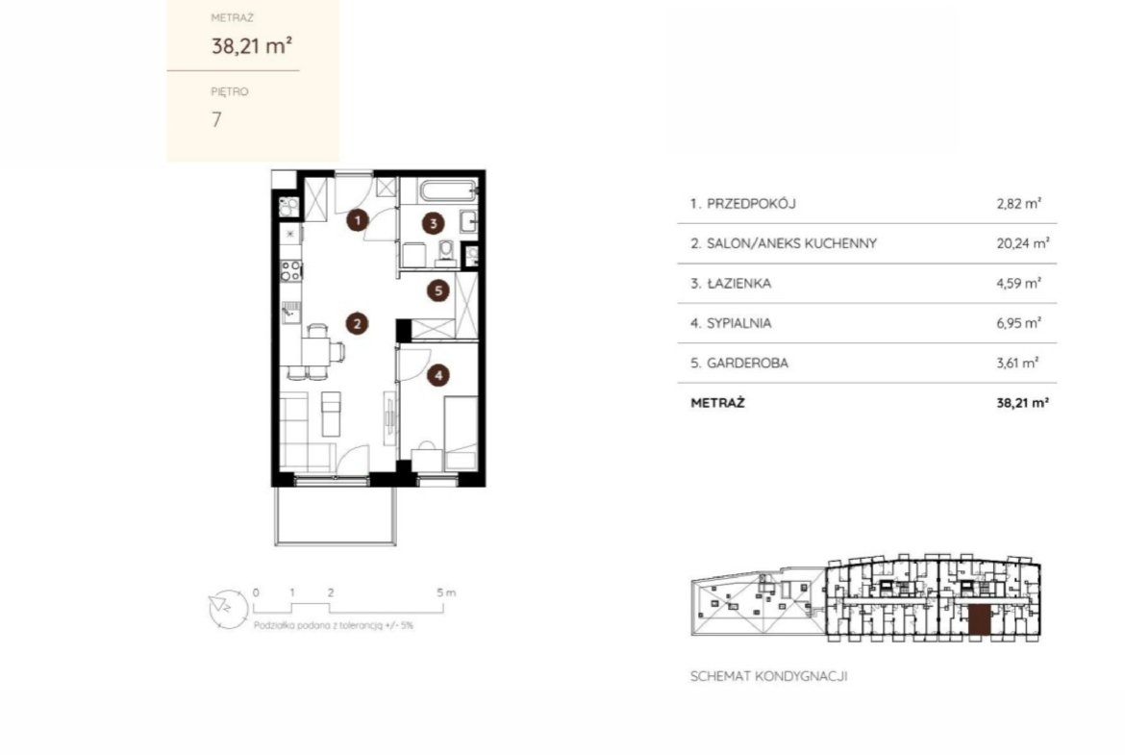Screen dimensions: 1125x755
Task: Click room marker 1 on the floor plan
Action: point(358,219)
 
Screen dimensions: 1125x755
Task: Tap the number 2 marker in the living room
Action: point(357,324)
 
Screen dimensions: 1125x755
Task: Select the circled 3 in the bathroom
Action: point(433,223)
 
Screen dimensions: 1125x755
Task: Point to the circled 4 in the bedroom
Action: point(438,375)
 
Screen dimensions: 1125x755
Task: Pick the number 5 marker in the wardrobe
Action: point(438,290)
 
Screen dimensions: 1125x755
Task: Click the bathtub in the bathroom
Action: point(448,190)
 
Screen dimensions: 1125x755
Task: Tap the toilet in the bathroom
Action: point(446,253)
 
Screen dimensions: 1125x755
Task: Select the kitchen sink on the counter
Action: point(290,313)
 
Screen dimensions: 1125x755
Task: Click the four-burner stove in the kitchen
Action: point(290,270)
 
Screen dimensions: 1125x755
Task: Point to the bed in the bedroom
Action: point(461,433)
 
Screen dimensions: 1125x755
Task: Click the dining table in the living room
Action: point(315,352)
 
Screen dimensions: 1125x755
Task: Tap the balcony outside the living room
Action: point(335,516)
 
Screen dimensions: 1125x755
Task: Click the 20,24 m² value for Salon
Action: point(1022,243)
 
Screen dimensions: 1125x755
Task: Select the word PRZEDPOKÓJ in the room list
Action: point(751,204)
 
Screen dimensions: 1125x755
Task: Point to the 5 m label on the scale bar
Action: point(445,592)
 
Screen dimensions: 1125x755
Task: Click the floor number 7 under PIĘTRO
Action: point(216,119)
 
